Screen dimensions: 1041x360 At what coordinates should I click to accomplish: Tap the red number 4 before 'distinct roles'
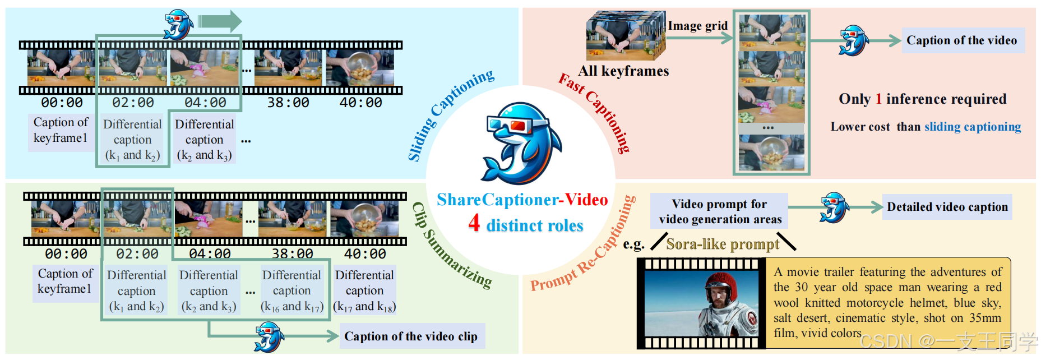[x=474, y=223]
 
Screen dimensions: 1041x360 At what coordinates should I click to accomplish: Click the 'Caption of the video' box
[x=962, y=40]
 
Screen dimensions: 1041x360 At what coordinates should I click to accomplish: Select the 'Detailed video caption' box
[x=947, y=207]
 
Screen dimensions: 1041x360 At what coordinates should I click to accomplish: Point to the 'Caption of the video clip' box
[x=411, y=336]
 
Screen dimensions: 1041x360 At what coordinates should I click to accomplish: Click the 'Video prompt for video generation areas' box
[x=720, y=211]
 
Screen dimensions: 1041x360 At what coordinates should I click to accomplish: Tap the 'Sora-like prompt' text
[x=723, y=244]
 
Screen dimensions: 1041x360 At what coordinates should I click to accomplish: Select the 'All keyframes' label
[x=623, y=71]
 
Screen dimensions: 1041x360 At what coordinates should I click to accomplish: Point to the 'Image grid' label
[x=697, y=26]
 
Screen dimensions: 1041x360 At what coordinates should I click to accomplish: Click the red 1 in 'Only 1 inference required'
[x=878, y=99]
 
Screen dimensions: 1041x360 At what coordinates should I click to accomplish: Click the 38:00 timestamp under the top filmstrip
[x=288, y=103]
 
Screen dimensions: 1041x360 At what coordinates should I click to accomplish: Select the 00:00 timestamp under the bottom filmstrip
[x=66, y=254]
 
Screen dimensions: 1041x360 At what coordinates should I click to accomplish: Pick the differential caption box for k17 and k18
[x=364, y=290]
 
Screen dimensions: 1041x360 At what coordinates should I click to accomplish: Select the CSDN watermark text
[x=948, y=341]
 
